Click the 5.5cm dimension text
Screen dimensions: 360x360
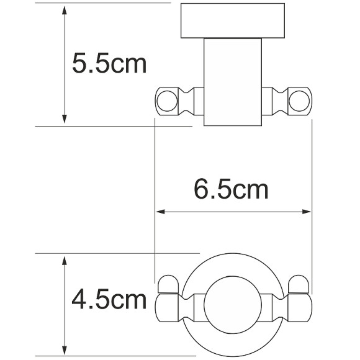109,64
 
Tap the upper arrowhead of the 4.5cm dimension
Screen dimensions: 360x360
65,260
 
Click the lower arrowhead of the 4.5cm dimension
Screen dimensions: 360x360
65,350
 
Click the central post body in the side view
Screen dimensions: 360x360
232,81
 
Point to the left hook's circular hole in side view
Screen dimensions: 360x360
167,99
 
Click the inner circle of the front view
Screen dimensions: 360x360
233,304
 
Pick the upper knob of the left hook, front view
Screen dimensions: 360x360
168,284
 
